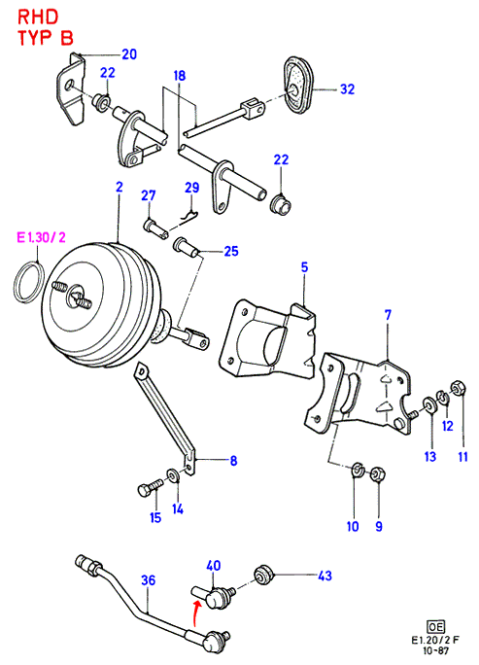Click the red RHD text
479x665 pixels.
38,17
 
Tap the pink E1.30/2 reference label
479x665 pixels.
41,237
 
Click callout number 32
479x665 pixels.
347,89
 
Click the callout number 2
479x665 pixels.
120,187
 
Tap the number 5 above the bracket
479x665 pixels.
304,267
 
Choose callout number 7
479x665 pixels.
388,315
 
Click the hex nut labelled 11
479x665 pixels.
460,387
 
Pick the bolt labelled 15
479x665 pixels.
151,487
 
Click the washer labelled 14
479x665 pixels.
173,475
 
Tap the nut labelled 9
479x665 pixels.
377,474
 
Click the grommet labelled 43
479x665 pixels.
264,576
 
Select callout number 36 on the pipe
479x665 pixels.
148,580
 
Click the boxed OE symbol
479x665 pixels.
435,626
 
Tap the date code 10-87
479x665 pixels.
436,650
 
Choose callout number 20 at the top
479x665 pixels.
129,54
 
